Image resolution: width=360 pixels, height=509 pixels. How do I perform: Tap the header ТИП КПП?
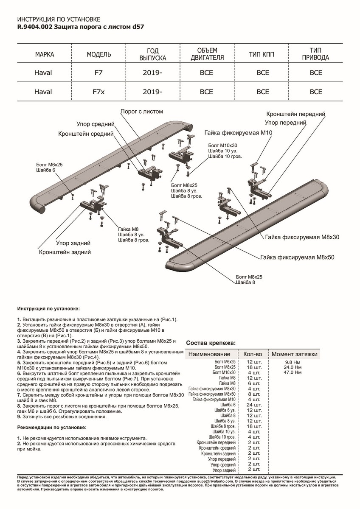point(263,55)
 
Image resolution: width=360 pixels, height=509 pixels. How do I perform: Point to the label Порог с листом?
point(141,112)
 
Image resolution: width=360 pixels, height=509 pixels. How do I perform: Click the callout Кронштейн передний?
point(295,115)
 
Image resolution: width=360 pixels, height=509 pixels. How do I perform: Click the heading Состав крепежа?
point(211,343)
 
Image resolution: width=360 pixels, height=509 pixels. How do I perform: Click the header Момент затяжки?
point(294,354)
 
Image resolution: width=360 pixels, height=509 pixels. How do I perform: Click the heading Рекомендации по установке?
point(52,427)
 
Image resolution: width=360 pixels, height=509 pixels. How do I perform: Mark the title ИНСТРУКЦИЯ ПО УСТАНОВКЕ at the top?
point(58,20)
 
